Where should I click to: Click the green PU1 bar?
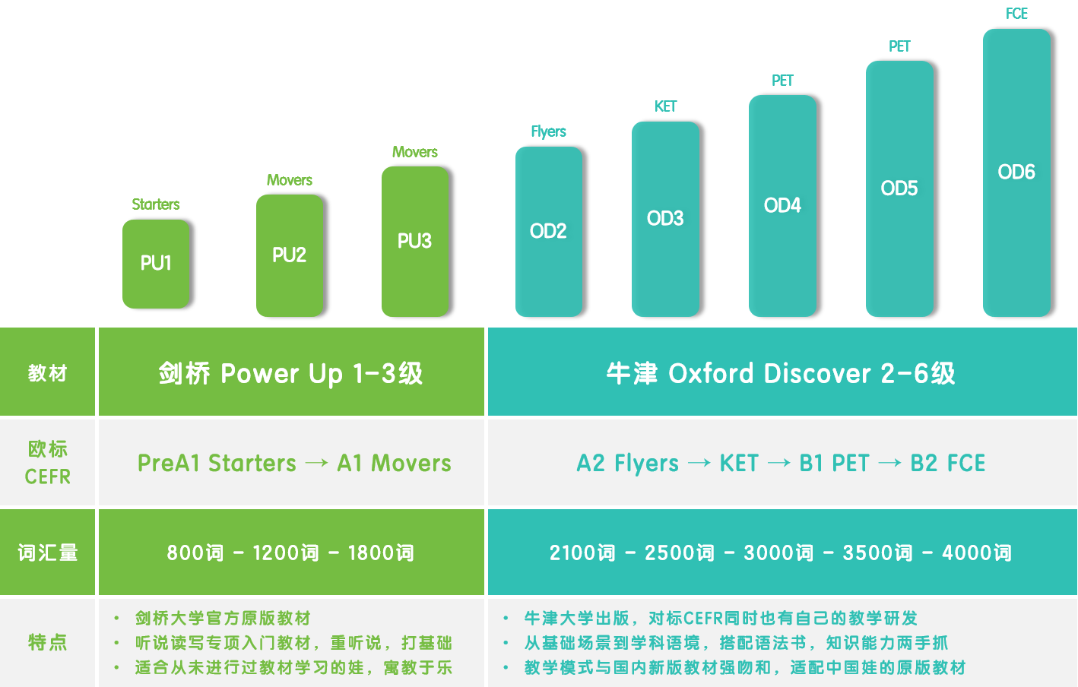coord(156,264)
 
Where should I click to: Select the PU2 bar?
coord(290,255)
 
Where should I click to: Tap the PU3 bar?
coord(415,241)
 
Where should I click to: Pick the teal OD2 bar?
coord(549,231)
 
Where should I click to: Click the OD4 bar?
coord(782,205)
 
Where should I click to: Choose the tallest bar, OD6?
coord(1016,173)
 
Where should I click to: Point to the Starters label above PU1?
coord(156,204)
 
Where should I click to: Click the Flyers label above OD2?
coord(549,131)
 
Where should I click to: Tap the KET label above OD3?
coord(665,106)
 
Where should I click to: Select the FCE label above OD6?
coord(1017,14)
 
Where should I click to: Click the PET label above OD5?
coord(899,46)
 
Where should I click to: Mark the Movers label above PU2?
coord(290,180)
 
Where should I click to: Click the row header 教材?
coord(47,373)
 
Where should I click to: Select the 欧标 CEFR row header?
coord(48,463)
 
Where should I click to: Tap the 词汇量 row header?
coord(48,552)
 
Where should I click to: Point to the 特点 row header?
coord(47,642)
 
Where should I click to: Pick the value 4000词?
coord(976,552)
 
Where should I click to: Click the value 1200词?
coord(286,552)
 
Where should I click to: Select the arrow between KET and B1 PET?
coord(778,463)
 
